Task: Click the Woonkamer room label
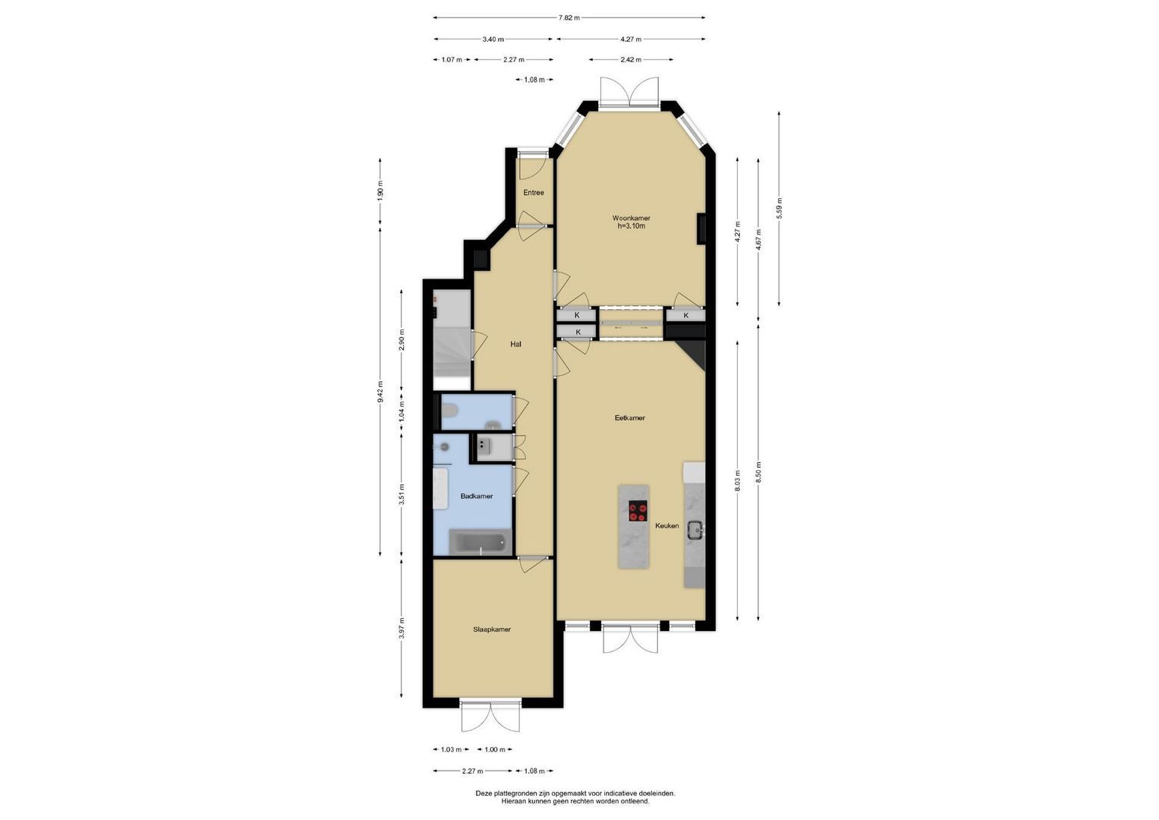pyautogui.click(x=631, y=218)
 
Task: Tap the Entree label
pyautogui.click(x=534, y=193)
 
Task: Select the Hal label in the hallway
pyautogui.click(x=515, y=344)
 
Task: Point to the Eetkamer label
pyautogui.click(x=630, y=418)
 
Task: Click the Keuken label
pyautogui.click(x=667, y=525)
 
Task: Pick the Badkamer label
pyautogui.click(x=477, y=496)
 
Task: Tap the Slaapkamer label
pyautogui.click(x=492, y=629)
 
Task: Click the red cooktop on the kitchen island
pyautogui.click(x=638, y=512)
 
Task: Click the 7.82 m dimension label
pyautogui.click(x=569, y=17)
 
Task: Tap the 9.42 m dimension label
pyautogui.click(x=380, y=392)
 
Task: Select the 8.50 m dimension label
pyautogui.click(x=758, y=471)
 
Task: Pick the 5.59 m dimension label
pyautogui.click(x=779, y=208)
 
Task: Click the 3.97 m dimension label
pyautogui.click(x=402, y=629)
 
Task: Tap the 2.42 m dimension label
pyautogui.click(x=631, y=59)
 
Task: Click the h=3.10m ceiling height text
pyautogui.click(x=631, y=225)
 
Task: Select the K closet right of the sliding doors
pyautogui.click(x=686, y=315)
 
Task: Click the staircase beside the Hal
pyautogui.click(x=452, y=339)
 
